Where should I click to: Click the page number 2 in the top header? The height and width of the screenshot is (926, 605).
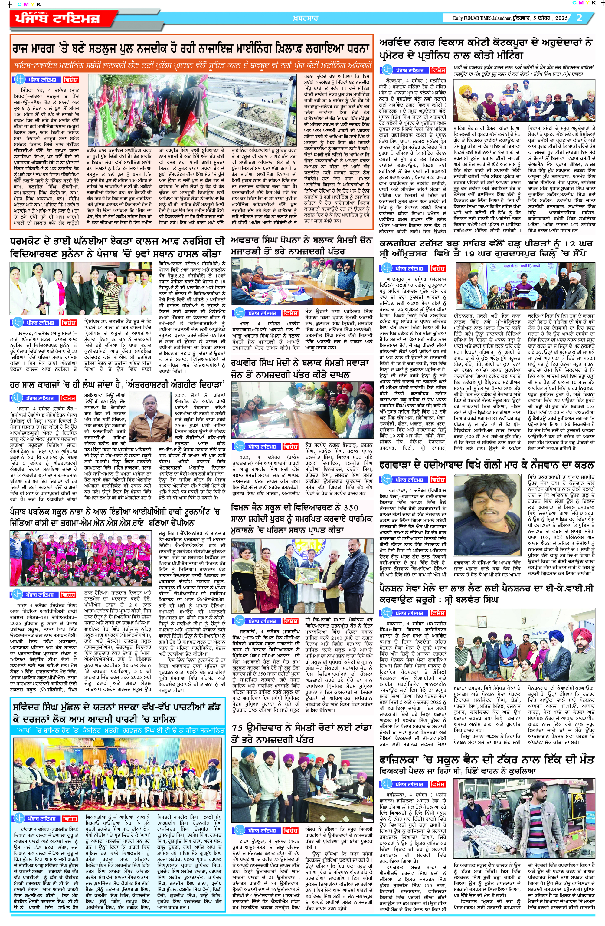(579, 18)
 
